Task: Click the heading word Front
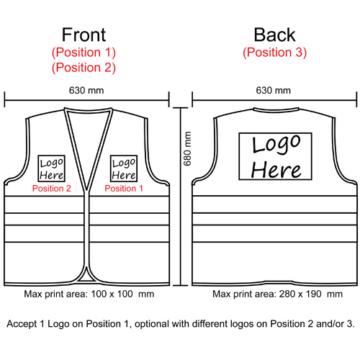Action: click(84, 35)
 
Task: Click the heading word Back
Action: click(274, 35)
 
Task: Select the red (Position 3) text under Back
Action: click(274, 53)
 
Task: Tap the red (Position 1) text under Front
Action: click(84, 53)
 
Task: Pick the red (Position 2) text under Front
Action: click(84, 68)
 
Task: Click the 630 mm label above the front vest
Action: click(86, 91)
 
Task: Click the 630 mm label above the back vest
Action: click(274, 91)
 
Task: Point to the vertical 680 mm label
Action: click(187, 148)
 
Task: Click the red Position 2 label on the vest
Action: click(52, 189)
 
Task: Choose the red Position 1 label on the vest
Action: click(124, 189)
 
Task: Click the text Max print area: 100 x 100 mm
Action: click(89, 294)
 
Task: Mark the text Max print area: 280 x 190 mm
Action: click(277, 294)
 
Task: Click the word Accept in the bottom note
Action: click(22, 324)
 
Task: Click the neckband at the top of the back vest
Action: click(276, 110)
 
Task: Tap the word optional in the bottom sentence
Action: click(152, 324)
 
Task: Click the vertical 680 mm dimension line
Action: click(181, 197)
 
